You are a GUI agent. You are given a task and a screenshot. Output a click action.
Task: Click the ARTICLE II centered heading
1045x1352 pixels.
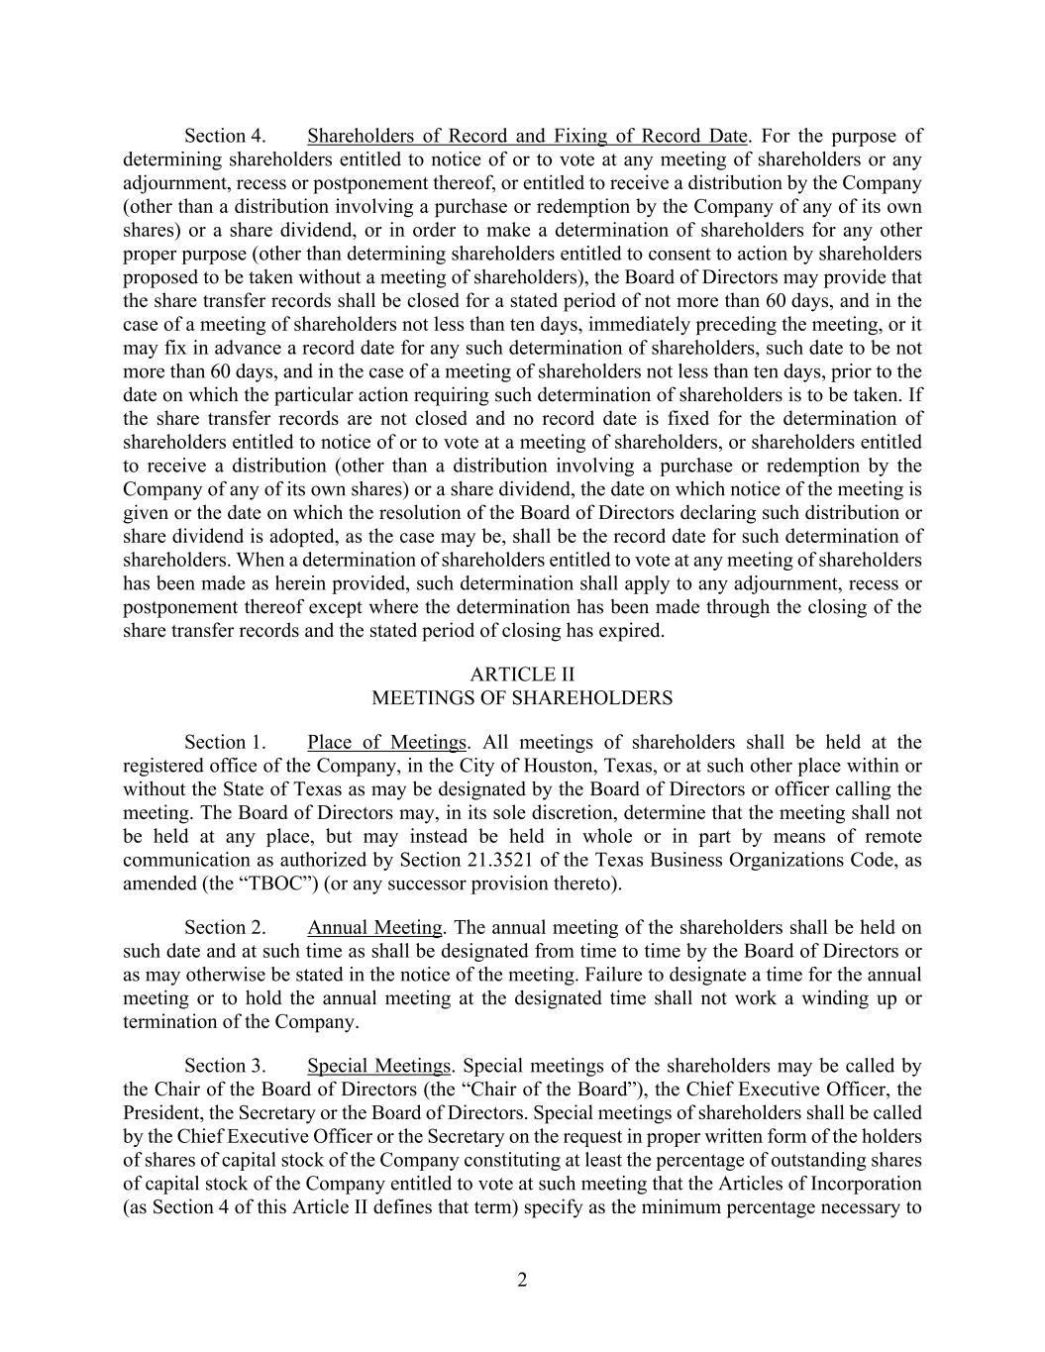click(x=522, y=675)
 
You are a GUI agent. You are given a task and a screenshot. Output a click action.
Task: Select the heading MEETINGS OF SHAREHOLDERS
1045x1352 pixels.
click(x=522, y=698)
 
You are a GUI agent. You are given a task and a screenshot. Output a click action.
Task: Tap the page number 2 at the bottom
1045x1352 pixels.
click(x=522, y=1280)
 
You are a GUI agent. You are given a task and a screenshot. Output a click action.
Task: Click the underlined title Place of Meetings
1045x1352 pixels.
click(x=386, y=742)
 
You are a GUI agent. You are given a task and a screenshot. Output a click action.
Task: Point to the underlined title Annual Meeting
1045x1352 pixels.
click(x=374, y=927)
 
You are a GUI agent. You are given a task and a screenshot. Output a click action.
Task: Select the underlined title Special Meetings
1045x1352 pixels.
click(x=378, y=1066)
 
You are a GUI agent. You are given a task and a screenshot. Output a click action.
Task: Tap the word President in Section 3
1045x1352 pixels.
click(x=160, y=1113)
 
